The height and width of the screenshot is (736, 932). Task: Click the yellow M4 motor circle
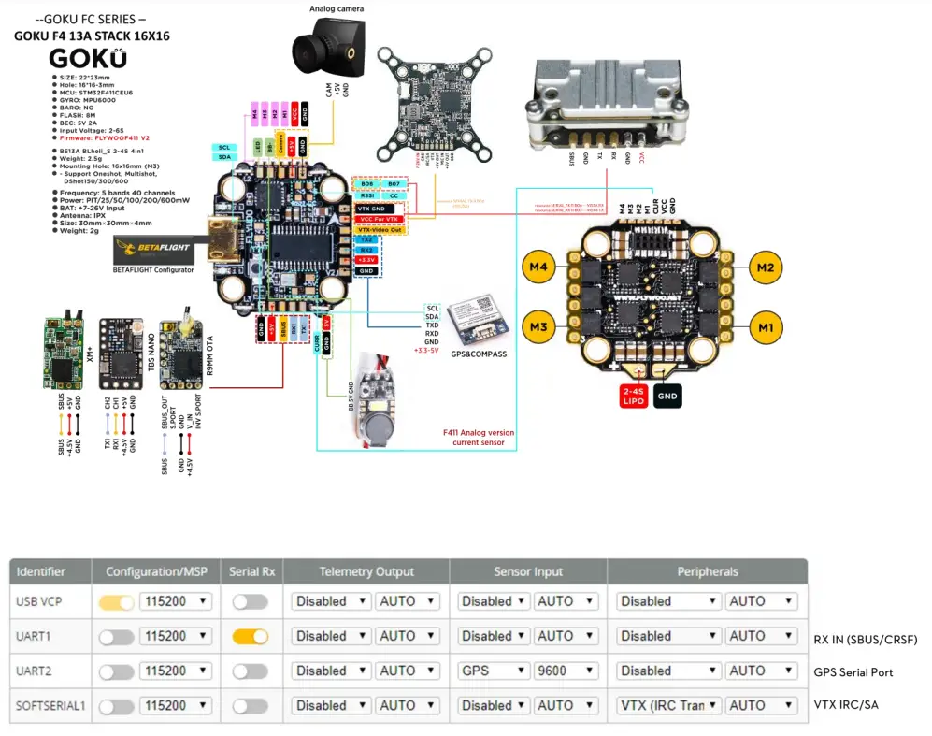coord(536,268)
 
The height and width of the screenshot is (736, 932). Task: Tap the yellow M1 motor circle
coord(766,327)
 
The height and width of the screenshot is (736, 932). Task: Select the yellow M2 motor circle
coord(766,268)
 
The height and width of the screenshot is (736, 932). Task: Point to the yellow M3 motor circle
coord(536,327)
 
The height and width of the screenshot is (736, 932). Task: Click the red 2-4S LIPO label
coord(639,396)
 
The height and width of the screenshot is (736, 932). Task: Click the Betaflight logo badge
coord(151,249)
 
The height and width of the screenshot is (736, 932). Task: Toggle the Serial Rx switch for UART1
coord(250,636)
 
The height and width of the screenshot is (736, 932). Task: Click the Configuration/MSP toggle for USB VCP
coord(116,601)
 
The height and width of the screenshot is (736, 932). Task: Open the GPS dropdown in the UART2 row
coord(492,671)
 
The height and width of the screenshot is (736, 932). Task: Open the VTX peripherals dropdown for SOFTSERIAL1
coord(668,705)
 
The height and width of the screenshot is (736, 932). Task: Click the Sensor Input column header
coord(527,570)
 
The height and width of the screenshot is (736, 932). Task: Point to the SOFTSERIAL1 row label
coord(50,705)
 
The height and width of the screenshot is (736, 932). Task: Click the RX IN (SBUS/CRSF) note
coord(866,640)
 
